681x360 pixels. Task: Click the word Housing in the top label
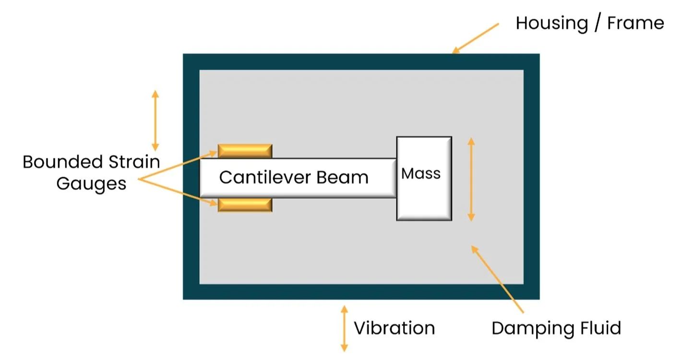[x=551, y=23]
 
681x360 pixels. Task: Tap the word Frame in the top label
[x=635, y=23]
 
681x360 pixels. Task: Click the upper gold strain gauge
[x=245, y=151]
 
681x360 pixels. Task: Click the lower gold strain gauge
[x=245, y=205]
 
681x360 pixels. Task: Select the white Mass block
[x=424, y=197]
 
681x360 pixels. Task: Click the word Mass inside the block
[x=421, y=174]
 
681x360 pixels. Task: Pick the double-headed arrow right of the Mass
[x=471, y=179]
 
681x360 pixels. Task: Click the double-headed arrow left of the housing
[x=155, y=120]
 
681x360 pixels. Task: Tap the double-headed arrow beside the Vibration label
[x=344, y=329]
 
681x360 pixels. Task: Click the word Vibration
[x=394, y=329]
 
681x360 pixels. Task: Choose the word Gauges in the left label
[x=91, y=184]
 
